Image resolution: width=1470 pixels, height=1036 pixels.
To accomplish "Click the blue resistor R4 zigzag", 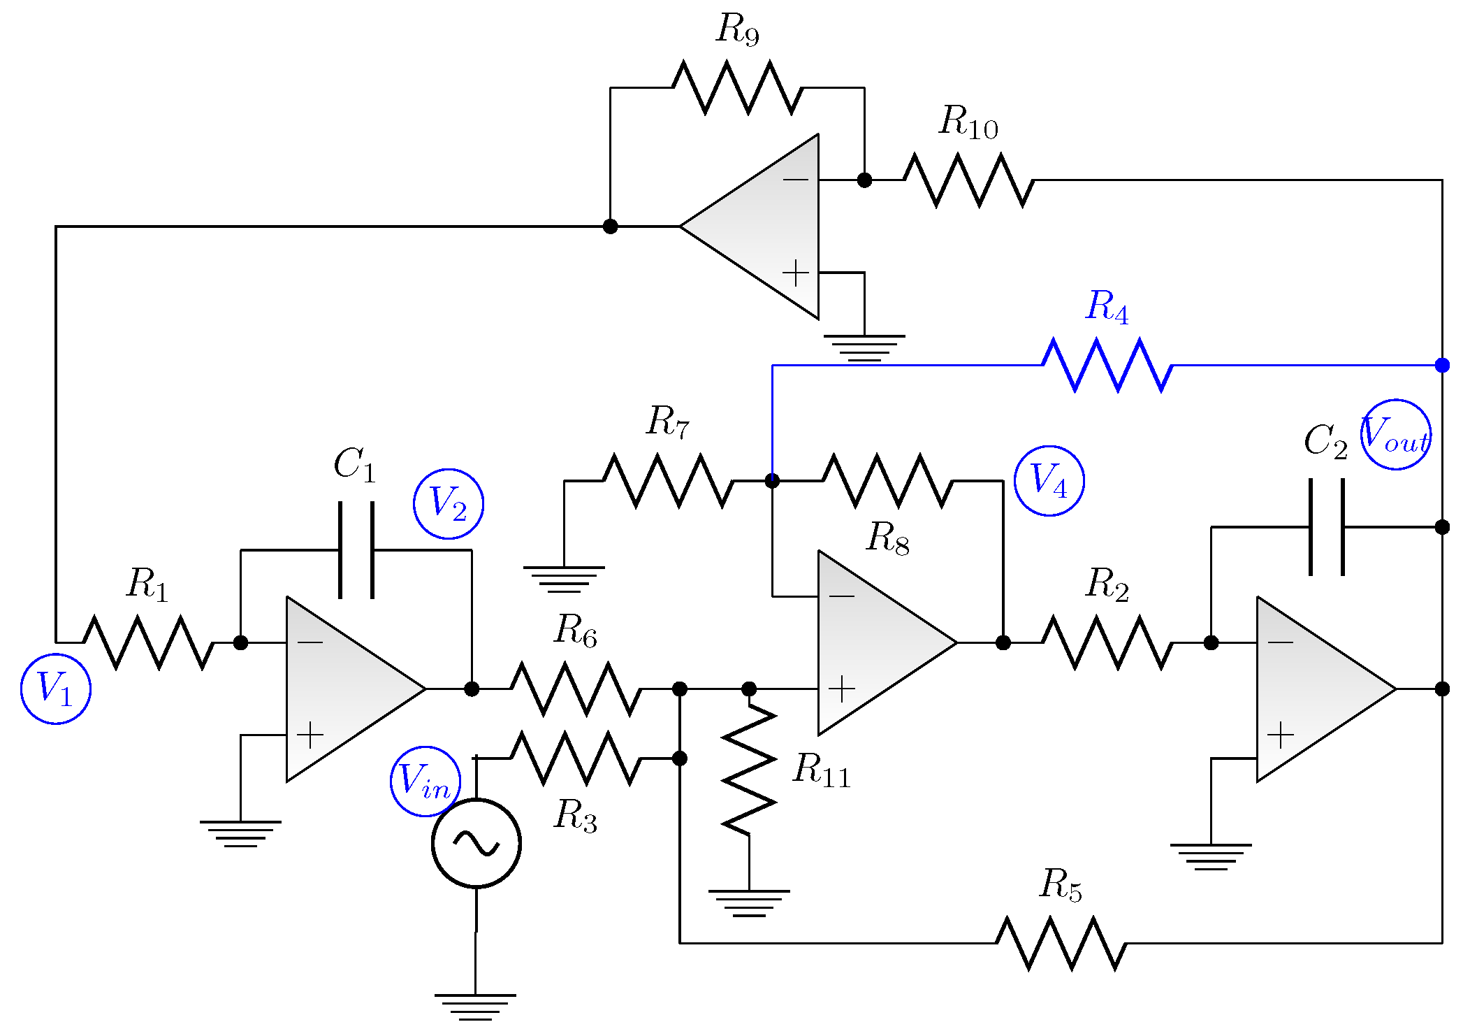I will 1107,365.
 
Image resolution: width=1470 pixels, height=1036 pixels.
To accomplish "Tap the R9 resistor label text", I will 737,29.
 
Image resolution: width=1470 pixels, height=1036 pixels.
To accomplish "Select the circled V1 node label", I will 56,689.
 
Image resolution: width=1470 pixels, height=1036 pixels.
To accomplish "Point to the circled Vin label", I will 425,781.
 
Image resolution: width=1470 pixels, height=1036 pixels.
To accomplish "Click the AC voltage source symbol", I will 476,843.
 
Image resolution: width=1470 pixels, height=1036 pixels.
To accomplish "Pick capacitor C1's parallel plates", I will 356,550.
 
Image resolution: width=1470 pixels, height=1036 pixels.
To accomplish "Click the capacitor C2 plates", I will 1326,527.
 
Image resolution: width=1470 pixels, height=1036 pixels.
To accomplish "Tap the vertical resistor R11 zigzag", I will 749,769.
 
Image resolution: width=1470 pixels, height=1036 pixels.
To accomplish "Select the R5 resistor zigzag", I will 1061,943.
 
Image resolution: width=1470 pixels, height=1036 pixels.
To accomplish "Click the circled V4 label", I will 1049,481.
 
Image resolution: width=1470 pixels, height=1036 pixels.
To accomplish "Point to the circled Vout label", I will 1395,435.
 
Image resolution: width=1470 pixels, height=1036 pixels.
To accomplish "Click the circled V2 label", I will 449,504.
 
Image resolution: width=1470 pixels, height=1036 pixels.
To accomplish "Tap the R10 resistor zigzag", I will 968,180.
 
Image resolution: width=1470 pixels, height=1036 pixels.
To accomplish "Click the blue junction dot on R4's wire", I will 1442,365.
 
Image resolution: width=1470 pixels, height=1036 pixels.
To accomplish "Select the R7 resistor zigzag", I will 668,481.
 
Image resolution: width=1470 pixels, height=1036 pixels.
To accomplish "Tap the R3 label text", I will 575,815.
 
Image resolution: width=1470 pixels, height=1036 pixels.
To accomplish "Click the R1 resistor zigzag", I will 148,642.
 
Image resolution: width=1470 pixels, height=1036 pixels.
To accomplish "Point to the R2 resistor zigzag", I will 1107,642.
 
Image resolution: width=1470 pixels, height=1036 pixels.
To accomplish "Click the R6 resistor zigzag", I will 576,689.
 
